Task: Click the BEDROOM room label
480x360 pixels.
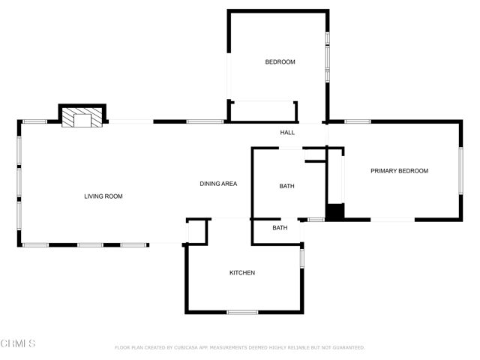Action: click(x=280, y=62)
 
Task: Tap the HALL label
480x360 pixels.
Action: click(x=287, y=133)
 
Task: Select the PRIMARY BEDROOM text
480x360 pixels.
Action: click(x=399, y=171)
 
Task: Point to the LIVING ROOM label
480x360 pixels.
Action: click(x=103, y=196)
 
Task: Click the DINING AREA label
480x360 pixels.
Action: click(x=218, y=184)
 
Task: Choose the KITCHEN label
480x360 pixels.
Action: click(x=242, y=273)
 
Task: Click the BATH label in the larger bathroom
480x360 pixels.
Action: click(x=287, y=186)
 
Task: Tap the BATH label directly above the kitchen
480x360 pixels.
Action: click(x=280, y=228)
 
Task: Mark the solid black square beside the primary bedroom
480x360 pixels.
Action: click(x=334, y=211)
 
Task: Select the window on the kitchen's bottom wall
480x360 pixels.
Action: click(x=242, y=312)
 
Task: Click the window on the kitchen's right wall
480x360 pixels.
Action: click(x=302, y=257)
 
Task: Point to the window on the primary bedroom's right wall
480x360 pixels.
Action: click(x=461, y=171)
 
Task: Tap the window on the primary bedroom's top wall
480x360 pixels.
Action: click(x=358, y=121)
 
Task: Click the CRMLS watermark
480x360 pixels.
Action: click(x=18, y=343)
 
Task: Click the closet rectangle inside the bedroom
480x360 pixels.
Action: click(x=264, y=111)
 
